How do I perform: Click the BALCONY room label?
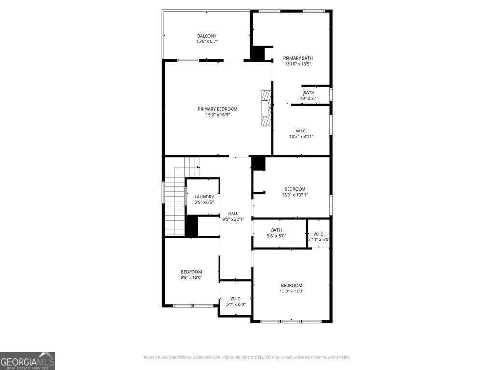[x=206, y=36]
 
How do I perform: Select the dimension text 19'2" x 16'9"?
[x=218, y=115]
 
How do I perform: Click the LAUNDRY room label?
[x=204, y=197]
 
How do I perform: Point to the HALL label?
[x=233, y=213]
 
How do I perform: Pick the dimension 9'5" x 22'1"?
[x=233, y=219]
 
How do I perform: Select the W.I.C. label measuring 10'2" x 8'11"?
[x=302, y=131]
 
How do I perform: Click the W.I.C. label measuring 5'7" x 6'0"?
[x=236, y=298]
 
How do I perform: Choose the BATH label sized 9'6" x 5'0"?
[x=276, y=230]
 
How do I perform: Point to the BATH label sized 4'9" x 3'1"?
[x=309, y=92]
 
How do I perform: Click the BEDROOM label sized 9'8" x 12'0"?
[x=192, y=272]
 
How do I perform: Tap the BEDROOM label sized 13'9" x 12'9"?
[x=291, y=285]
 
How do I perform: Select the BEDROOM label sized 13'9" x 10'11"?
[x=295, y=189]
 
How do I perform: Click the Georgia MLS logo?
[x=27, y=360]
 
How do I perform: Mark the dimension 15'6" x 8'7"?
[x=206, y=41]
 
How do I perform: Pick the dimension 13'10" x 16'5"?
[x=298, y=64]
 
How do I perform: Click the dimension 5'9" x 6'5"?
[x=204, y=202]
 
